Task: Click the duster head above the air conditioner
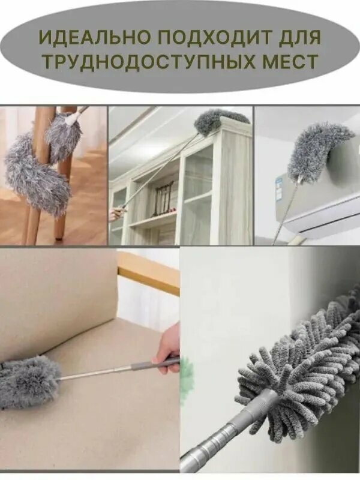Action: [x=319, y=149]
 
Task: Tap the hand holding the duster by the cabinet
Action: [x=114, y=214]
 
